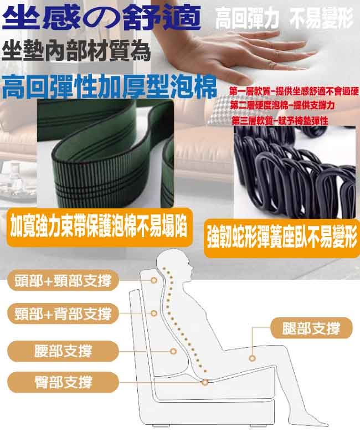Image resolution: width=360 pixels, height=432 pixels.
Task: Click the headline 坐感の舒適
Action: click(101, 18)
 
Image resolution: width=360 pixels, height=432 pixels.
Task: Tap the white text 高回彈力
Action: click(247, 19)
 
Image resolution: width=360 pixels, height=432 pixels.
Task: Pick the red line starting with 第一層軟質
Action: click(294, 91)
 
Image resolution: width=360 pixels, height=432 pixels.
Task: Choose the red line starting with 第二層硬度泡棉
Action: click(282, 105)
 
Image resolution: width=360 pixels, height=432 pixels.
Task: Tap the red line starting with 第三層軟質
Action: click(280, 120)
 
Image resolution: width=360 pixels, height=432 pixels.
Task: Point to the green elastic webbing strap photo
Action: click(106, 153)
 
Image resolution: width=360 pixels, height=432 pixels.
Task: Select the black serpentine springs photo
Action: click(295, 172)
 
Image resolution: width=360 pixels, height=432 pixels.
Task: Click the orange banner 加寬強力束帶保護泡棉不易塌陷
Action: click(99, 228)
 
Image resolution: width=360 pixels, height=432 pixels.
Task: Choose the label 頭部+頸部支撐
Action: click(63, 280)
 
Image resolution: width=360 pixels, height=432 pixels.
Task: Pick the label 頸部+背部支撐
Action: click(63, 313)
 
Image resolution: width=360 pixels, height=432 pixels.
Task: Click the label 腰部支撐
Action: click(63, 351)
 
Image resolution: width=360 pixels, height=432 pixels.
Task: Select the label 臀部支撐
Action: click(63, 382)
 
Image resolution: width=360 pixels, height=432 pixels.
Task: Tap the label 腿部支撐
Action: click(311, 328)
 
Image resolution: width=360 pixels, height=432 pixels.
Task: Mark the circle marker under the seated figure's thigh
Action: click(252, 358)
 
